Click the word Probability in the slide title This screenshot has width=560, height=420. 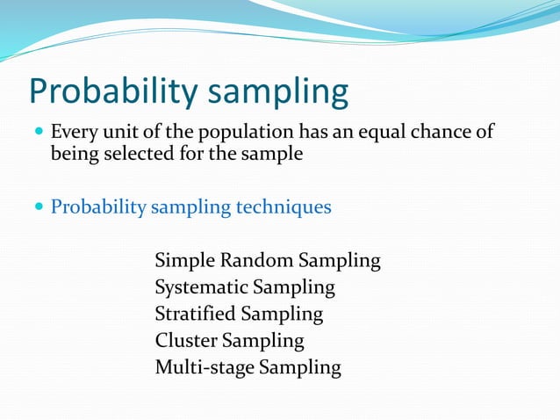tap(112, 92)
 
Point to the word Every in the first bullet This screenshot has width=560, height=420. tap(73, 133)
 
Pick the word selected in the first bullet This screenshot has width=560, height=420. tap(133, 155)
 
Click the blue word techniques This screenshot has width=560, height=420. tap(283, 208)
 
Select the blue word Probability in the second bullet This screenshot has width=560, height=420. tap(97, 208)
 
